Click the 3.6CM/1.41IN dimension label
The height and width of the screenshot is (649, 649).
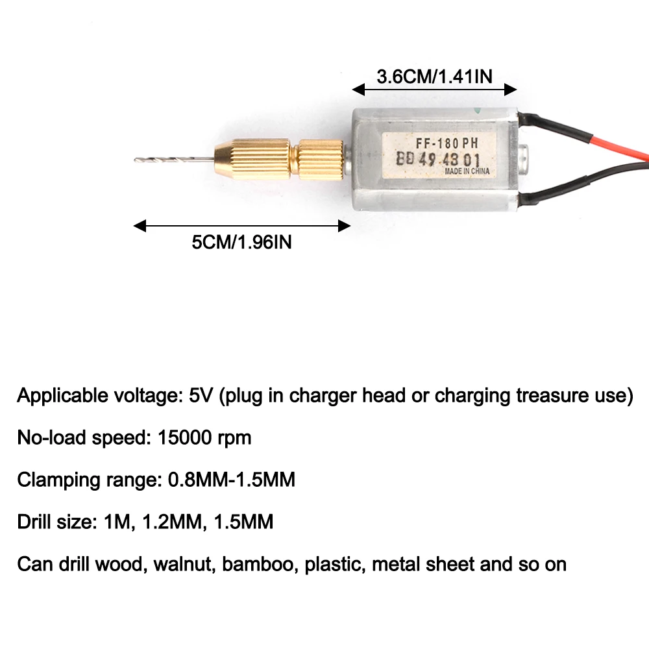tap(435, 77)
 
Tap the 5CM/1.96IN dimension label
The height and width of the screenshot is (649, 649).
tap(241, 242)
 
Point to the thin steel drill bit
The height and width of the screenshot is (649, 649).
tap(175, 160)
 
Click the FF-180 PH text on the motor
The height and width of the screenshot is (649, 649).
tap(447, 143)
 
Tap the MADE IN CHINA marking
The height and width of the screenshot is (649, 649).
tap(467, 171)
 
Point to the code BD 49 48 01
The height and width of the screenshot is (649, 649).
tap(438, 160)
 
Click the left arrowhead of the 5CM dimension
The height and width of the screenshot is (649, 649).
tap(140, 226)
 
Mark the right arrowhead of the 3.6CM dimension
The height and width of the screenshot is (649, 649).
tap(510, 90)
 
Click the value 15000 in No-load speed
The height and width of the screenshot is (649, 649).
tap(184, 437)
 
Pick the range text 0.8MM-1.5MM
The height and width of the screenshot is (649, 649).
tap(232, 480)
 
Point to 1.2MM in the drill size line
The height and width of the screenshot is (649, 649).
tap(174, 522)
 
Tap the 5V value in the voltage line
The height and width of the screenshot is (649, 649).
tap(201, 396)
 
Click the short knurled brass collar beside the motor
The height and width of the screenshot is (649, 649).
tap(321, 160)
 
